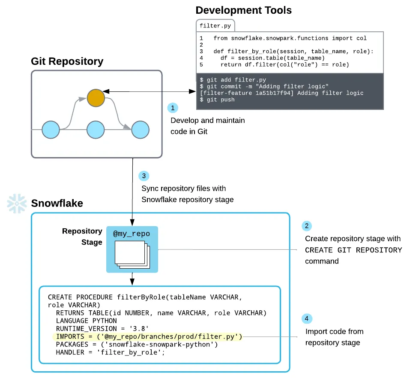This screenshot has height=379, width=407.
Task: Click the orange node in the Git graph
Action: pos(96,98)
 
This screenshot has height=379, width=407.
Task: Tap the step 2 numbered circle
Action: pos(307,226)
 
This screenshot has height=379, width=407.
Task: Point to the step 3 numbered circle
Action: pos(144,176)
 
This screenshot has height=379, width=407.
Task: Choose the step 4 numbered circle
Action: pos(307,318)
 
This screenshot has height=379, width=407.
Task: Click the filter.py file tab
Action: pos(215,25)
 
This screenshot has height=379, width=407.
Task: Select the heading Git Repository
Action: pos(67,61)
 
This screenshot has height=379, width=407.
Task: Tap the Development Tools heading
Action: pos(244,10)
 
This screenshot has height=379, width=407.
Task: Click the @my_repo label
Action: pos(132,233)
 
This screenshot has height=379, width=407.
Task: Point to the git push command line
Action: pos(217,100)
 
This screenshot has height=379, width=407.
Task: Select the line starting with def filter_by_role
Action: pos(293,52)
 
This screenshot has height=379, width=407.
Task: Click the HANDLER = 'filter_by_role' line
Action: pos(110,352)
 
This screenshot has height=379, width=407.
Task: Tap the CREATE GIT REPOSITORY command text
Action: pos(353,250)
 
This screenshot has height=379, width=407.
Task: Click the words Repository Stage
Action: pos(82,236)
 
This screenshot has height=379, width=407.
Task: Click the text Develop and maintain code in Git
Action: pos(208,126)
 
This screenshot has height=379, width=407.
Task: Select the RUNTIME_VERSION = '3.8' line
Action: pos(102,328)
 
